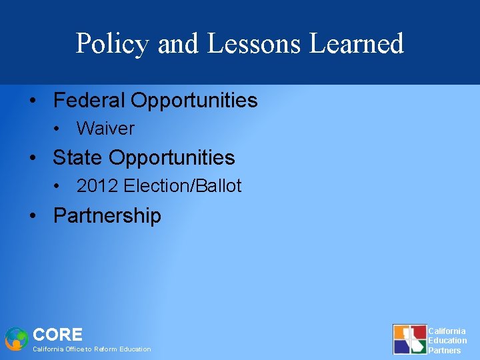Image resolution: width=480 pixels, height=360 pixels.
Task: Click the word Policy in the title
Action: (x=113, y=44)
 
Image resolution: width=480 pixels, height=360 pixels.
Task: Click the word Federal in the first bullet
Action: (x=89, y=101)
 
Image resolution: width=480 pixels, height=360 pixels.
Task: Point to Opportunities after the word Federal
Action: (x=194, y=101)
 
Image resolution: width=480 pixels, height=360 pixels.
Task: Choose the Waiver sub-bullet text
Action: (x=105, y=129)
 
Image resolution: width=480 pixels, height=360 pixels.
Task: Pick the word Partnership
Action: (x=107, y=215)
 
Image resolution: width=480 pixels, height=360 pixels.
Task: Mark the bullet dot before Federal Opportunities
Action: (x=33, y=101)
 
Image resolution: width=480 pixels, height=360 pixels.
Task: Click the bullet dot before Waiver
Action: (x=59, y=129)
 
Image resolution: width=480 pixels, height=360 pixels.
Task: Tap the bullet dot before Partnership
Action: (x=33, y=216)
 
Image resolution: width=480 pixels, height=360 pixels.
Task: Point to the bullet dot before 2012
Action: (x=59, y=187)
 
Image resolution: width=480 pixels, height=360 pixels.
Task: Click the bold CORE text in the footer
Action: (x=57, y=335)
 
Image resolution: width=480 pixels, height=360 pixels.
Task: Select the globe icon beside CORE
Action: (x=16, y=339)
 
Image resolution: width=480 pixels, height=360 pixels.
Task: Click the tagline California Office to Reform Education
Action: (x=92, y=349)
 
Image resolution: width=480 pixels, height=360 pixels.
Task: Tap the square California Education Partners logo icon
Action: (x=409, y=339)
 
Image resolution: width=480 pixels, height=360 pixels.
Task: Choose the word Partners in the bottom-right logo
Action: (x=445, y=350)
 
